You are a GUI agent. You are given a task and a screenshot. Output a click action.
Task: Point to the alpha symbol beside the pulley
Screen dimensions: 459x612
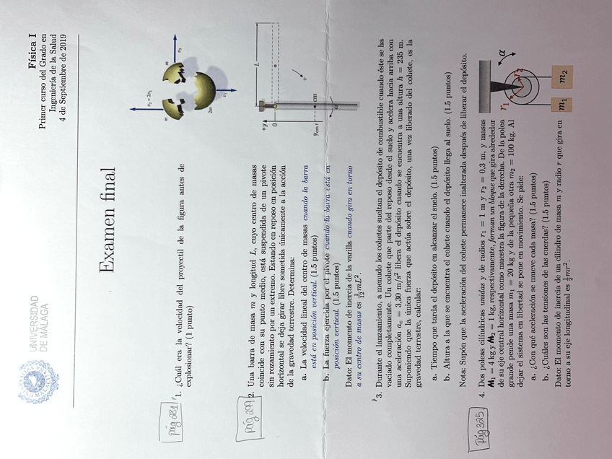pos(500,53)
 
